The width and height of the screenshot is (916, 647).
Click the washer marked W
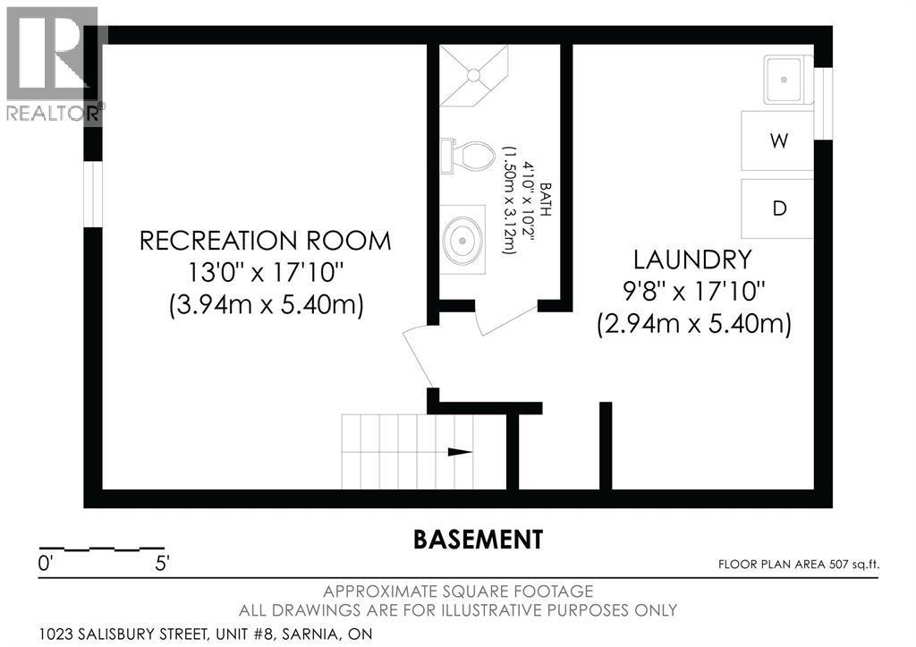pos(777,140)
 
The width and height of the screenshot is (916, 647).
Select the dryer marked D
pos(777,209)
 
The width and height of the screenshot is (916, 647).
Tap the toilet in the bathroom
pos(467,156)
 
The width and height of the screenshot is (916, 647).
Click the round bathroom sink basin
pos(462,240)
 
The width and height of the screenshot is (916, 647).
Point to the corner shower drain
pos(474,75)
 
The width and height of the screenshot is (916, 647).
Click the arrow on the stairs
pos(460,452)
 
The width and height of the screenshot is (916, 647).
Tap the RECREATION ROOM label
pos(265,241)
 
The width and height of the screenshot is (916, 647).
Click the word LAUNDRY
pos(693,260)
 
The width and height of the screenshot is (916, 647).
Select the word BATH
pos(545,200)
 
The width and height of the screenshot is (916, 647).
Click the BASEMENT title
pos(478,539)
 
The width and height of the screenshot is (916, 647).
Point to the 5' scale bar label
pos(162,564)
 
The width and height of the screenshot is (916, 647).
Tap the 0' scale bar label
pos(46,564)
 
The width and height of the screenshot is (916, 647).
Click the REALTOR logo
pos(53,64)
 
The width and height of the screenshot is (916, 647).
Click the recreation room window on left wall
pos(93,194)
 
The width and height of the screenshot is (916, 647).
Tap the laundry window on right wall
pos(823,104)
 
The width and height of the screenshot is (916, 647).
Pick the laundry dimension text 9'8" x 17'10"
pos(694,291)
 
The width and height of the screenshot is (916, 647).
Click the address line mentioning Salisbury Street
pos(206,634)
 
